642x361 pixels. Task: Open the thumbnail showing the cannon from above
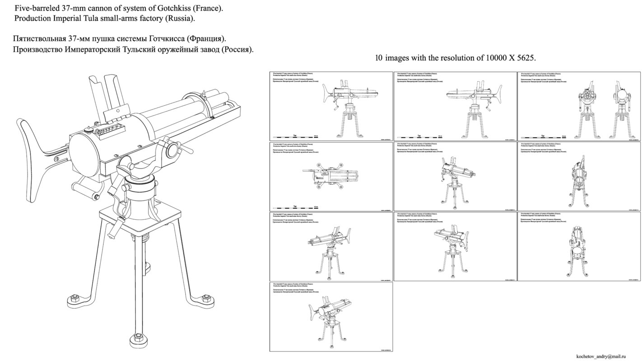click(x=331, y=176)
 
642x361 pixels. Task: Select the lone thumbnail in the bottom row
click(x=331, y=317)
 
